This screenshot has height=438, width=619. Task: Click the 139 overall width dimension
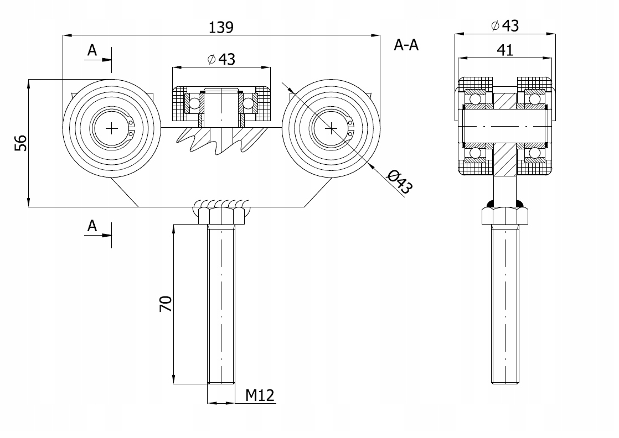221,27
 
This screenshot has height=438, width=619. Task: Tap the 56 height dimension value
20,143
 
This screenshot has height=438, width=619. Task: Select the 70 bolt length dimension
166,304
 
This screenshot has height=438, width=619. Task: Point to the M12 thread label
260,395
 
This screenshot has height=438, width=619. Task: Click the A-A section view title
406,45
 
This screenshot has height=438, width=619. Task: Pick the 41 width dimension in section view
505,50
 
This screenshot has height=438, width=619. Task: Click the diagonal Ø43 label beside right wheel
400,182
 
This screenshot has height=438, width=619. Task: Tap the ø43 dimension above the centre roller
221,59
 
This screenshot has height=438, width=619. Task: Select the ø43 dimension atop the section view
505,25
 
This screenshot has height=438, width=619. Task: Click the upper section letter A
92,50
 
